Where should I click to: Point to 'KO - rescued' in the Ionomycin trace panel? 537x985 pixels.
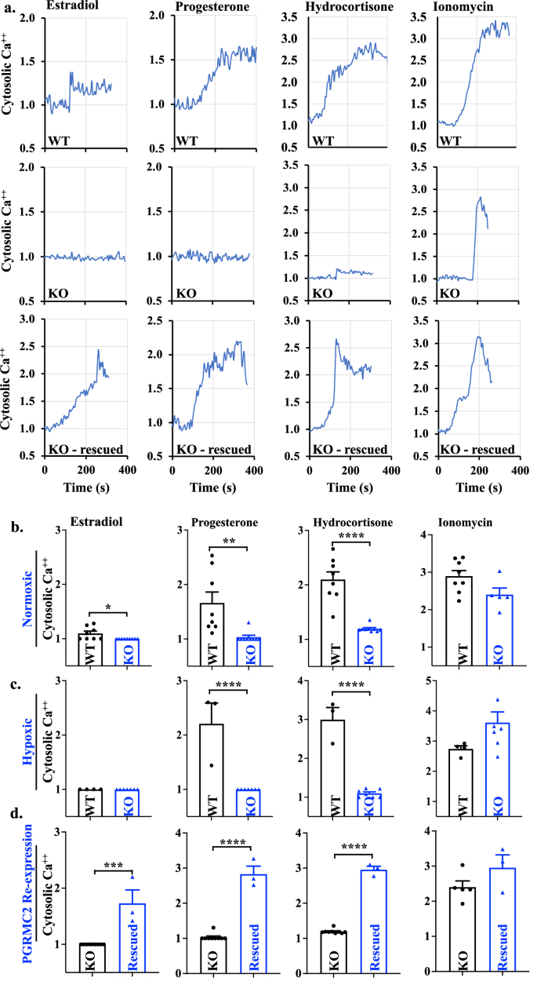(x=477, y=449)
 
